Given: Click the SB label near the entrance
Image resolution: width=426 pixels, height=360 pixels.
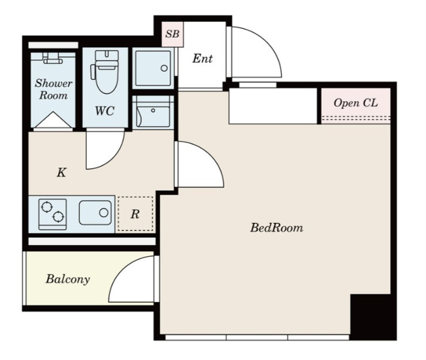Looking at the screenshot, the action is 172,34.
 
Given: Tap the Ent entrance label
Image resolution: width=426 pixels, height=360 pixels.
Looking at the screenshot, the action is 203,58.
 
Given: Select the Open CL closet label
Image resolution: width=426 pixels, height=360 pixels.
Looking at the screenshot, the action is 355,103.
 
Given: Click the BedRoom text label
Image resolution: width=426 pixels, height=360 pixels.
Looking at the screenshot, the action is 276,227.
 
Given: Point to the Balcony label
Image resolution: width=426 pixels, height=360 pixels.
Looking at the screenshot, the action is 68,279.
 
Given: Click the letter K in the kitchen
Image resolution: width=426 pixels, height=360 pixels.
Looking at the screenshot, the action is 61,172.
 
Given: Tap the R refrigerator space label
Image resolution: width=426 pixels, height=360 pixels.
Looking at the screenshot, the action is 135,214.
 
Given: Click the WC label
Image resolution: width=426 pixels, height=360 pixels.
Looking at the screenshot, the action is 105,111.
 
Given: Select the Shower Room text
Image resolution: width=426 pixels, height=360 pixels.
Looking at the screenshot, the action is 54,89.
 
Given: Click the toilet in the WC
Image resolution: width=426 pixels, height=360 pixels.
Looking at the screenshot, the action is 105,72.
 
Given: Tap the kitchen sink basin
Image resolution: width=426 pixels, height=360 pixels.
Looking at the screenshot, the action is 95,212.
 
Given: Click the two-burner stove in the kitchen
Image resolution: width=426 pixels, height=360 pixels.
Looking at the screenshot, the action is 52,214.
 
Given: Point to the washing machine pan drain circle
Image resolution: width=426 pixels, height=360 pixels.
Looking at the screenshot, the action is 164,68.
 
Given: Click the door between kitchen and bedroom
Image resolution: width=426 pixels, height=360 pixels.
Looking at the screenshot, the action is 200,164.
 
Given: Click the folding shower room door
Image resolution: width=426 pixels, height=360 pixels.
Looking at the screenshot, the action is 54,120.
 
